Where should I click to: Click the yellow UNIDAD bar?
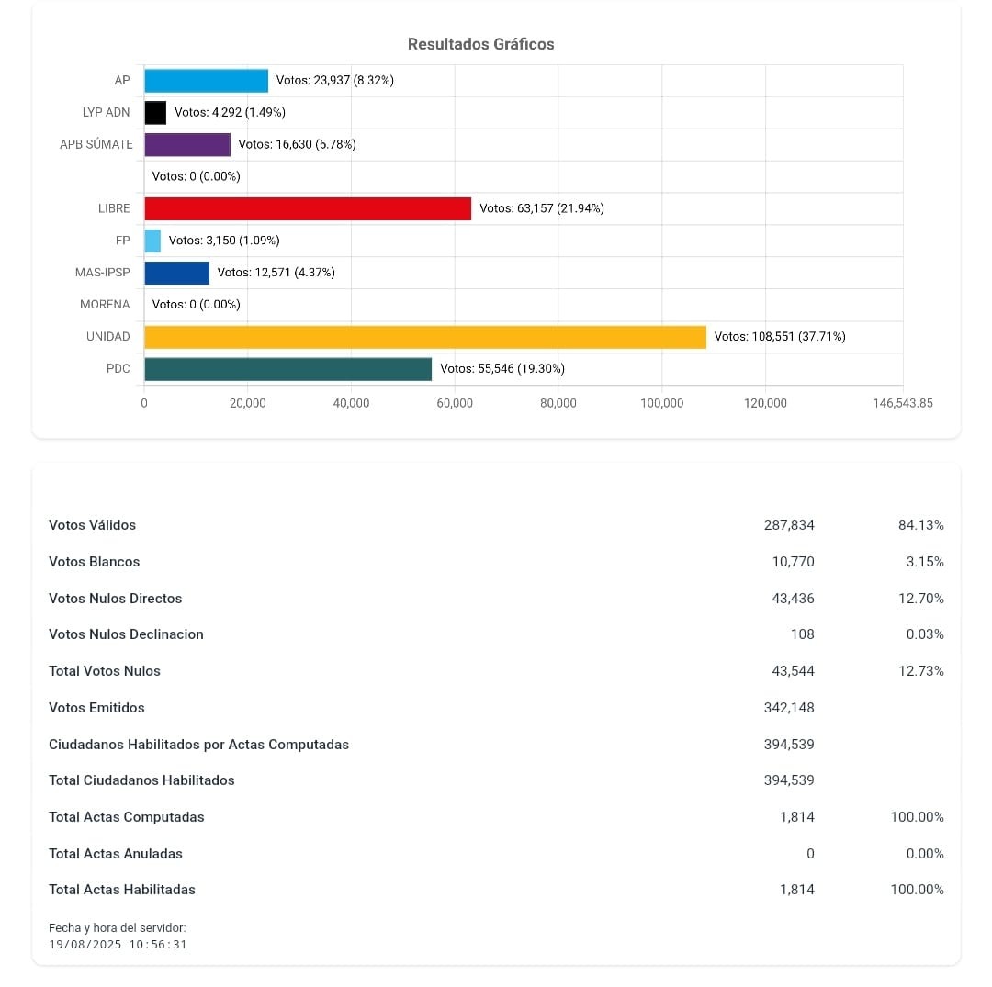tap(425, 337)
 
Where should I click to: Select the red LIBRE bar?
tap(308, 208)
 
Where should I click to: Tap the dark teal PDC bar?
tap(287, 369)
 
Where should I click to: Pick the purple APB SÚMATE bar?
tap(187, 144)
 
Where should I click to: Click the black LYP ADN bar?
tap(155, 112)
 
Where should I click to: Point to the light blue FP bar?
tap(152, 241)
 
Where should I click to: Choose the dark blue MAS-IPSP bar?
tap(176, 273)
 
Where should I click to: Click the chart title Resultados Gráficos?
tap(480, 44)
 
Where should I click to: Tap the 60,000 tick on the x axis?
tap(455, 403)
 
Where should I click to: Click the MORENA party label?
tap(105, 305)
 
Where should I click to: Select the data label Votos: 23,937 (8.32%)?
tap(334, 81)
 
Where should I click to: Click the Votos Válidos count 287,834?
tap(788, 525)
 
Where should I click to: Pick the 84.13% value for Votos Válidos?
tap(920, 525)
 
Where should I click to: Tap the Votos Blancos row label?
tap(95, 562)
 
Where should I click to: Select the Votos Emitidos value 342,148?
tap(788, 708)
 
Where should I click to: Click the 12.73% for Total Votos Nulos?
tap(920, 671)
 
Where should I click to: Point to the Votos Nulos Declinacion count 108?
tap(802, 634)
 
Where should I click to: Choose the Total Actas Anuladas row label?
tap(116, 854)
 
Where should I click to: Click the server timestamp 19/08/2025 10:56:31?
tap(118, 944)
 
